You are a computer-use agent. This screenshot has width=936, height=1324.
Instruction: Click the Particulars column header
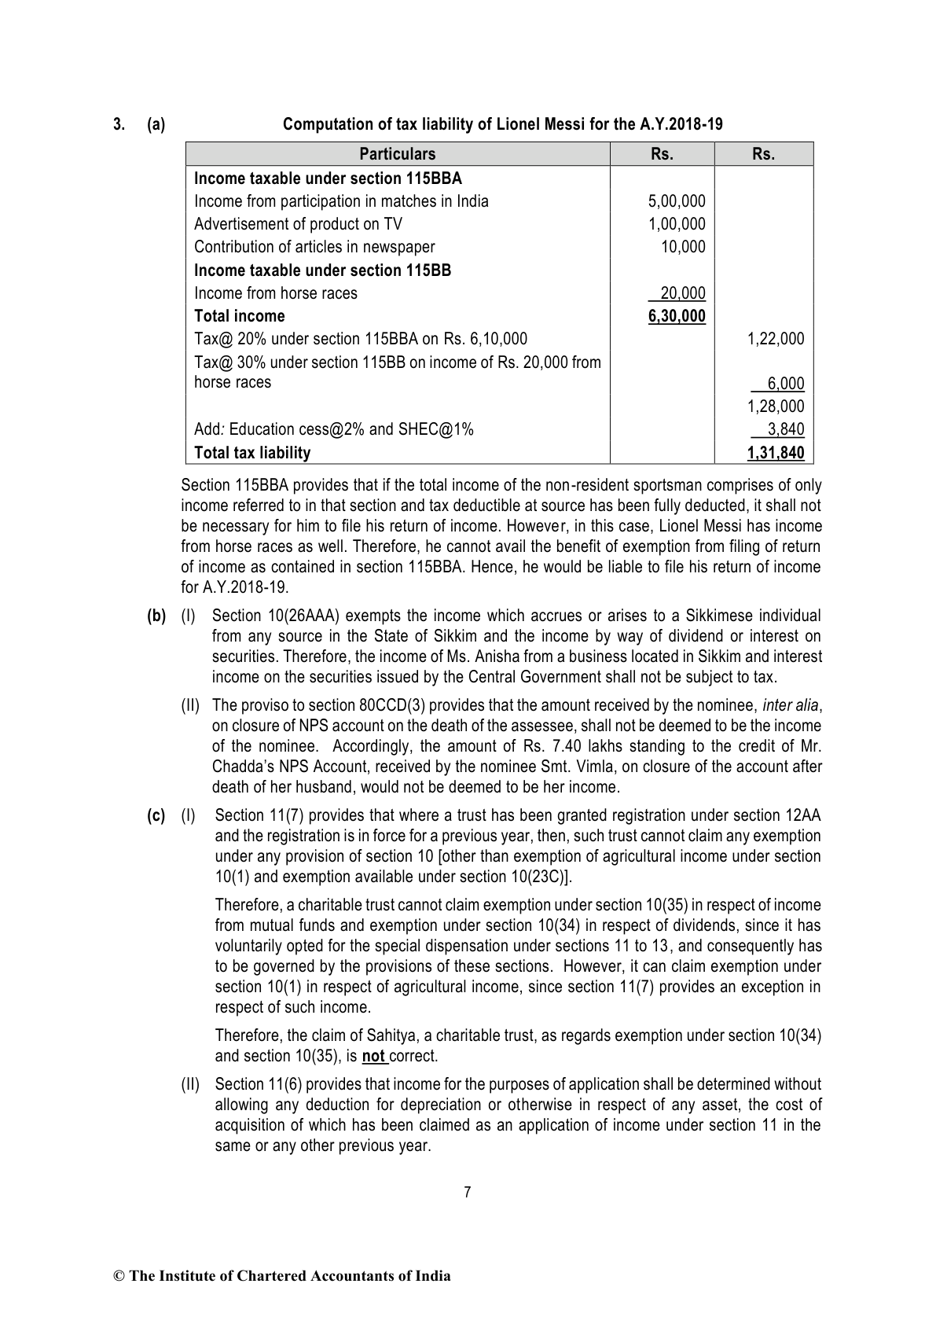(397, 154)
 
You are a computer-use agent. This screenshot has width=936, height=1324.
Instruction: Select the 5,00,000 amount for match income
(677, 201)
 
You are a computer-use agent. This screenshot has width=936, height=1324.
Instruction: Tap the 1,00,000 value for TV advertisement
(677, 224)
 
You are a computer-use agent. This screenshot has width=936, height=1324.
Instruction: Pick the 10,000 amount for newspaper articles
(683, 247)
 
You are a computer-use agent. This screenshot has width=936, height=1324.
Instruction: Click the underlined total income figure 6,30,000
(677, 316)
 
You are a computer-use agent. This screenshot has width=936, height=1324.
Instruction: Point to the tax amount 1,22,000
(776, 339)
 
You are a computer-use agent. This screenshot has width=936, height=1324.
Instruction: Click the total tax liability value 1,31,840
(776, 453)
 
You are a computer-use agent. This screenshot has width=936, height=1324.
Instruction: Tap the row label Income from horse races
(275, 293)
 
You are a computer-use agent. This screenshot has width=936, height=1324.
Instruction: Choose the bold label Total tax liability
(251, 453)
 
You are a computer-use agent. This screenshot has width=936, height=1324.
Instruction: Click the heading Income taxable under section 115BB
(322, 270)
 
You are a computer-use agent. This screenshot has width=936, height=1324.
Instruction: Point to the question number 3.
(119, 124)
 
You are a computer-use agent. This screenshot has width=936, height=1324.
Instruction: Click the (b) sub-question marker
(156, 616)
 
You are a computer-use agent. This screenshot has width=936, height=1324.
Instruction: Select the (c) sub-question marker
(156, 816)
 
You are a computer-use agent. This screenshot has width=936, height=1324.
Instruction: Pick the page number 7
(468, 1192)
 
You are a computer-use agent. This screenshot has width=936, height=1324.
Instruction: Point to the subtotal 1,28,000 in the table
(776, 406)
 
